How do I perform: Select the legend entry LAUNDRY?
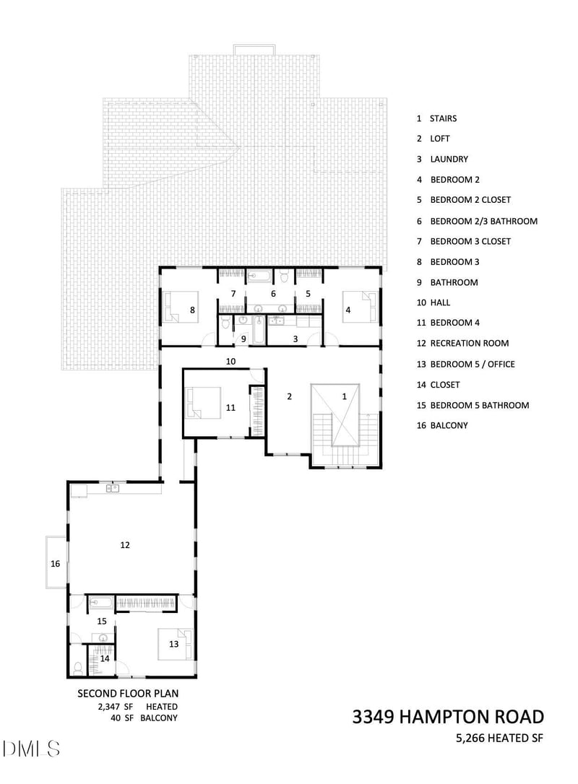449,160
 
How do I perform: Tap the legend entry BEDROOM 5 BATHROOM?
479,405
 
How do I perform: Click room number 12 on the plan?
125,546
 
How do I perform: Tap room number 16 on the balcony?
55,563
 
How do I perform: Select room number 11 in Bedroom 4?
230,408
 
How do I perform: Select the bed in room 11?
204,401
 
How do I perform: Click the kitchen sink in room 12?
112,489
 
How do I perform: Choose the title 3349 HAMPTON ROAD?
448,717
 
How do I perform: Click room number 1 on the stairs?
344,396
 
